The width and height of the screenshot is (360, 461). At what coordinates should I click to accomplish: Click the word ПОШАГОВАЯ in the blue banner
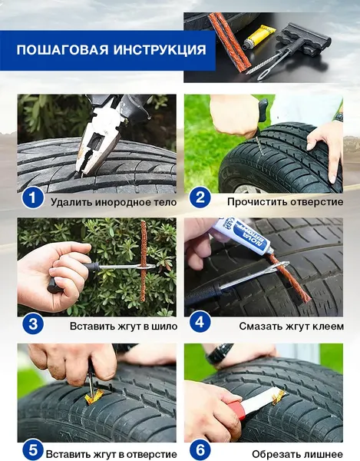(63, 50)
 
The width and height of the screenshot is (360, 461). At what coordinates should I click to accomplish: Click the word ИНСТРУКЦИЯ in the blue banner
(160, 50)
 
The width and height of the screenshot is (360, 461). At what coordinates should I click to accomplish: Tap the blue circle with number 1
(32, 197)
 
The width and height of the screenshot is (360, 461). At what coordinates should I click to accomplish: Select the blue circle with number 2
(200, 197)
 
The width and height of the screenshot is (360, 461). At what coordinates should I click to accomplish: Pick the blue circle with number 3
(33, 323)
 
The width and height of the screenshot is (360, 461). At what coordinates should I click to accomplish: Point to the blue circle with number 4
(200, 323)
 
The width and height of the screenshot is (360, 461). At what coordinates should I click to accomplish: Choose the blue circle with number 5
(33, 449)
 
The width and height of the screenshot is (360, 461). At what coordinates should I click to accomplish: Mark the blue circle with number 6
(200, 449)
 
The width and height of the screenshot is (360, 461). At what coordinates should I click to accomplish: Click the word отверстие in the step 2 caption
(317, 202)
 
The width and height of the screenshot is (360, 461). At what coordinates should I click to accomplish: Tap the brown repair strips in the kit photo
(230, 42)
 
